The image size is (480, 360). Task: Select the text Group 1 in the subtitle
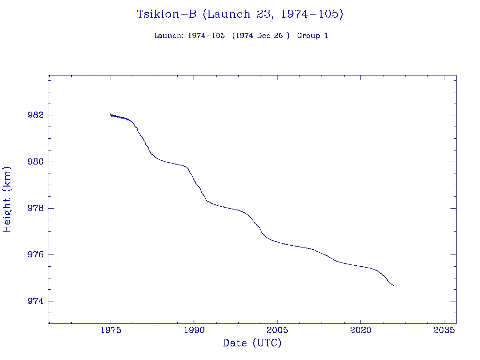312,36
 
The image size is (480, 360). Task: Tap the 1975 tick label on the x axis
111,330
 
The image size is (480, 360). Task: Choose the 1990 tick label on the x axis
194,330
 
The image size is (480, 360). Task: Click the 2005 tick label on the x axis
277,330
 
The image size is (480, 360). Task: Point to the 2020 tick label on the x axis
360,330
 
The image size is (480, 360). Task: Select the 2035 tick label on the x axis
444,330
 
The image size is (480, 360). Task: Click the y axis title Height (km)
7,199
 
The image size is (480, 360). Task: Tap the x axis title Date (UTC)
252,343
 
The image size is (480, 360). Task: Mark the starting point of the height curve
110,114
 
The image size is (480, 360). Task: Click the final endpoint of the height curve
394,285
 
